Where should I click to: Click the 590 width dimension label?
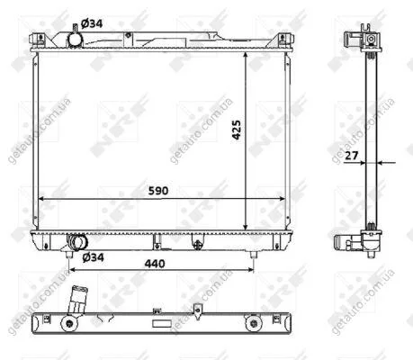click(158, 191)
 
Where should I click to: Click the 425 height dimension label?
click(237, 130)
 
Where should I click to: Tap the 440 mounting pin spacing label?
click(155, 264)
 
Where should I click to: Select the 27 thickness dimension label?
click(351, 156)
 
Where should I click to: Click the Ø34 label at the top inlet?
click(92, 23)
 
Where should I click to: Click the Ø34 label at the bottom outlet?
click(93, 257)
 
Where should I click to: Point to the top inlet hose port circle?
click(75, 40)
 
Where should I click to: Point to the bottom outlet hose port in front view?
click(78, 242)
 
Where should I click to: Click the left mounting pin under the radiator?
click(69, 255)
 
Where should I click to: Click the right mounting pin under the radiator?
click(254, 255)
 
